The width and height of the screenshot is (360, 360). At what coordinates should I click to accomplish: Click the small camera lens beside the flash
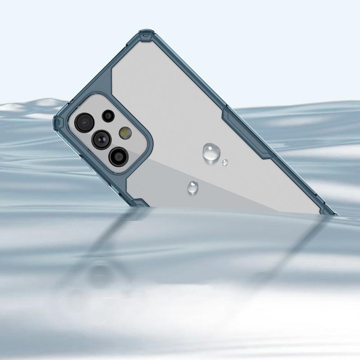point(108,116)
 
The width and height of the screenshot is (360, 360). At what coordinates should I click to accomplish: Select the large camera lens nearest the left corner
point(84,121)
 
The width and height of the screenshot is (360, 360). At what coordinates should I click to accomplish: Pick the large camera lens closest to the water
point(118,156)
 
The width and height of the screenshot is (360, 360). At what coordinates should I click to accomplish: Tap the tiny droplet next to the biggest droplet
point(225,162)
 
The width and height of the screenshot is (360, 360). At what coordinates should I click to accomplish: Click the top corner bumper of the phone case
point(145,35)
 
